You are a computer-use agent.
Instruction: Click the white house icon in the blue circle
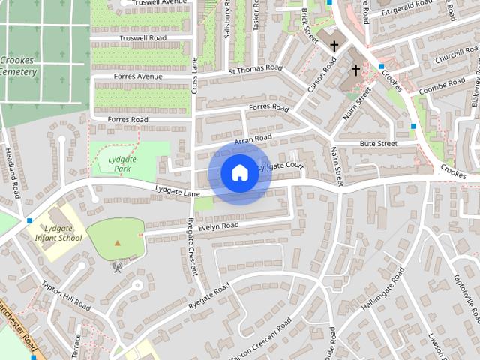[239, 173]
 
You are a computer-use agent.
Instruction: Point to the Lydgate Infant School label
[61, 232]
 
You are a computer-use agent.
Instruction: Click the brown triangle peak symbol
[117, 242]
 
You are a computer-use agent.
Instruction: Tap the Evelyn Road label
[219, 225]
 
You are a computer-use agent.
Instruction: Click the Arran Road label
[253, 139]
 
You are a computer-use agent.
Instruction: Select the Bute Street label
[377, 143]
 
